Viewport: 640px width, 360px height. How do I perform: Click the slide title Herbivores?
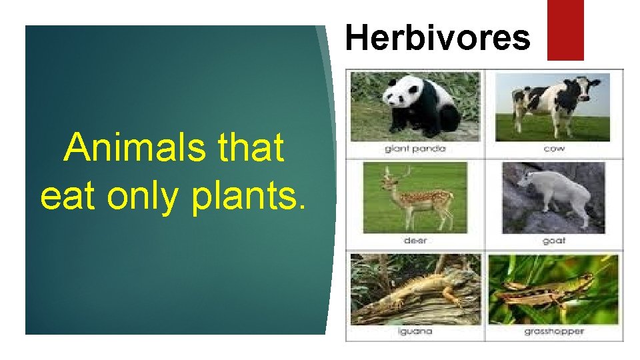pos(438,38)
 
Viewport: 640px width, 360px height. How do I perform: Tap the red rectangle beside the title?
pos(565,30)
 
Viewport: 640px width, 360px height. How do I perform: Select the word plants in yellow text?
pos(248,195)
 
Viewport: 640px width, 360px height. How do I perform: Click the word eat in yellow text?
pos(63,195)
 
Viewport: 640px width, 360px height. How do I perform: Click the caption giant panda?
pos(415,149)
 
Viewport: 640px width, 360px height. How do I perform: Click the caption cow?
pos(553,149)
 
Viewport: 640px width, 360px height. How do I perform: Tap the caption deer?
pos(415,241)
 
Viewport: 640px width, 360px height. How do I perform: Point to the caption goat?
pos(553,241)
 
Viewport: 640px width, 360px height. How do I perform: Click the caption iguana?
pos(415,331)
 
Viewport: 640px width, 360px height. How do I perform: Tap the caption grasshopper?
pos(553,331)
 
